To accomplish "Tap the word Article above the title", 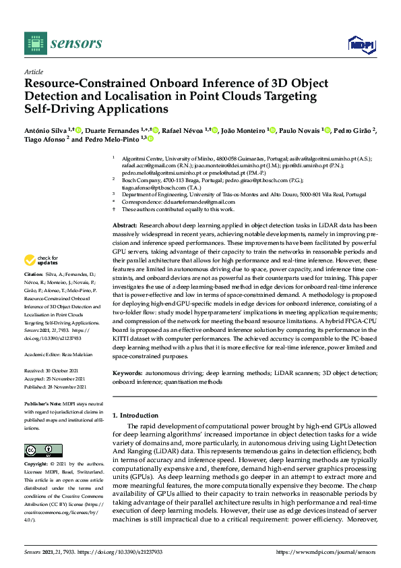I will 33,71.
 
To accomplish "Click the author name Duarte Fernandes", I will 113,130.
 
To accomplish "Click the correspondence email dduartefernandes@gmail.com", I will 201,202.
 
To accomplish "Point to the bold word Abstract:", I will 125,224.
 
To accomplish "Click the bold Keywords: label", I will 127,372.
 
